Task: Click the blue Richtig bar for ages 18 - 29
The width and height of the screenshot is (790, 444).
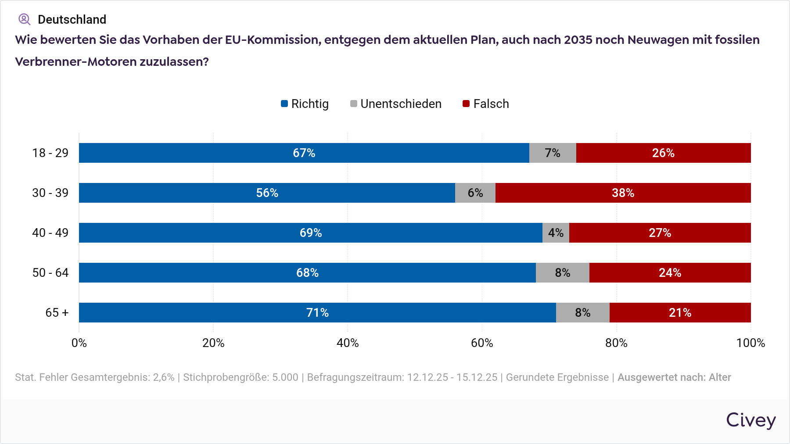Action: click(x=304, y=153)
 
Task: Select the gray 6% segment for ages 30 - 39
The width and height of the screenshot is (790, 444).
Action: click(x=475, y=193)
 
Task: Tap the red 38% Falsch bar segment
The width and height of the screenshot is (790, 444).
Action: click(x=623, y=193)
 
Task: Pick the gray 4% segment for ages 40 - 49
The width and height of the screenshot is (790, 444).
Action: click(x=556, y=233)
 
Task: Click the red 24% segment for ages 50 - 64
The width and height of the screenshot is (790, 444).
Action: click(x=670, y=272)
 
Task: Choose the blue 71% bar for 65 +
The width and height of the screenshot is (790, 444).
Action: click(x=317, y=312)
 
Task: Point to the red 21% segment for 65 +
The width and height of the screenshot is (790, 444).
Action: click(x=680, y=312)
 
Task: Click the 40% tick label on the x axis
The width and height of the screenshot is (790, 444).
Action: click(x=348, y=343)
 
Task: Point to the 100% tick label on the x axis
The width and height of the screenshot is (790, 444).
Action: click(x=750, y=343)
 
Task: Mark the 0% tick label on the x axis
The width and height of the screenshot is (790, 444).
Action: click(x=79, y=343)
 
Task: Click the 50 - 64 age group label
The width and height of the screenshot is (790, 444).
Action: click(x=50, y=272)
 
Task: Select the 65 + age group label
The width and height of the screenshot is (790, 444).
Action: click(x=57, y=312)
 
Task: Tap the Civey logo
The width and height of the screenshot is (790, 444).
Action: click(x=750, y=420)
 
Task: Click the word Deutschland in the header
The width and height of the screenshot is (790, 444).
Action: click(x=72, y=19)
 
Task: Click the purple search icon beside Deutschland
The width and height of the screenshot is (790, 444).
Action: click(x=24, y=19)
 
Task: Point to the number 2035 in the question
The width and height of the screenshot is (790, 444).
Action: click(x=578, y=40)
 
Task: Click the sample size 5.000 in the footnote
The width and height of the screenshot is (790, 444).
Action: click(x=285, y=377)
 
